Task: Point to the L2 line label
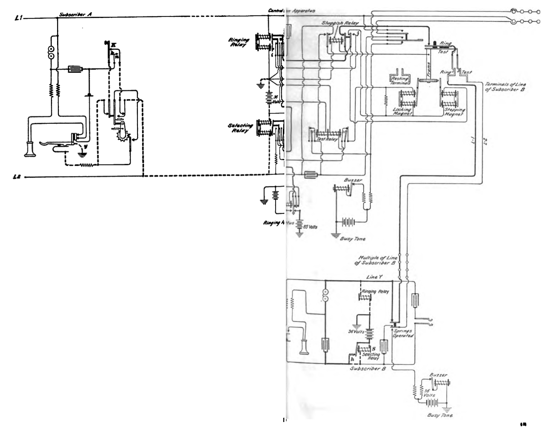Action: pyautogui.click(x=17, y=177)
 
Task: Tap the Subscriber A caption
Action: pyautogui.click(x=75, y=14)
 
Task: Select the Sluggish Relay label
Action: pyautogui.click(x=340, y=23)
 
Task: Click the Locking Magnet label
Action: pyautogui.click(x=402, y=111)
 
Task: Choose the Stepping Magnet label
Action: pyautogui.click(x=455, y=112)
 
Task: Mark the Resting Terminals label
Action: pyautogui.click(x=400, y=81)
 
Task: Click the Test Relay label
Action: pyautogui.click(x=326, y=139)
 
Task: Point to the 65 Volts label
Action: pyautogui.click(x=310, y=227)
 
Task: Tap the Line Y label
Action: pyautogui.click(x=374, y=277)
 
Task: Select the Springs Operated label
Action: pyautogui.click(x=403, y=333)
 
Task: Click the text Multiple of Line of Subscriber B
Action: pyautogui.click(x=377, y=260)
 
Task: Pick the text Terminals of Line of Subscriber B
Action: pyautogui.click(x=505, y=87)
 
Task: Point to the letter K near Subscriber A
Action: pyautogui.click(x=114, y=45)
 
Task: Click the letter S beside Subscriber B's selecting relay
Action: pyautogui.click(x=374, y=349)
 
